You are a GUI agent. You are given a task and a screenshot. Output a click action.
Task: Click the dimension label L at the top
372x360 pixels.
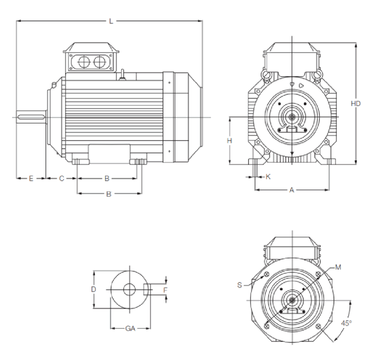tap(111, 21)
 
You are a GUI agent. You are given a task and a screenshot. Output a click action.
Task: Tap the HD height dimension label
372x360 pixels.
tap(355, 104)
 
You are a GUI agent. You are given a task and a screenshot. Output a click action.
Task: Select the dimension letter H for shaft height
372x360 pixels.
tap(230, 141)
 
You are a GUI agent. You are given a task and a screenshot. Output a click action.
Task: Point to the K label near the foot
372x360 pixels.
tap(268, 177)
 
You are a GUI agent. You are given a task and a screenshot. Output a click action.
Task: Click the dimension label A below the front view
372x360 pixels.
tap(292, 190)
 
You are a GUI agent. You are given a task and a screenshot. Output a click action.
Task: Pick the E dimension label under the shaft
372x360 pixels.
tap(31, 178)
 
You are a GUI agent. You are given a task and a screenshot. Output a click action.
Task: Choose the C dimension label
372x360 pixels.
tap(61, 178)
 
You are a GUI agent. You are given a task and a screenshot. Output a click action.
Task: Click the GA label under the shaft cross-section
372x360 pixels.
tap(130, 328)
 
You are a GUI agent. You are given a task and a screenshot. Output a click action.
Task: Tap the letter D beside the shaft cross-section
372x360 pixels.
tap(93, 289)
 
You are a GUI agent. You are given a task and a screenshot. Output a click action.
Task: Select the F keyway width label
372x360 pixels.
tap(165, 290)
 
